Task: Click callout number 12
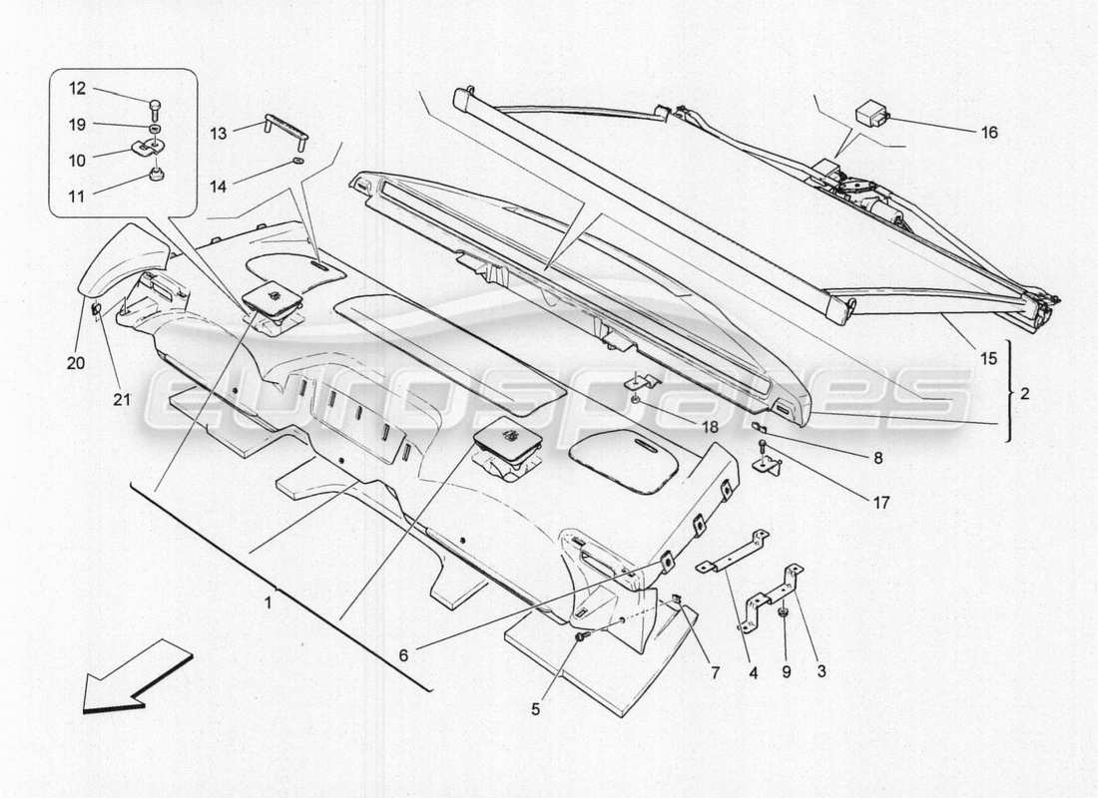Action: [78, 90]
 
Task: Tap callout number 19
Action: [78, 125]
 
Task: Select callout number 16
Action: [988, 132]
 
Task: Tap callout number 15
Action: [987, 358]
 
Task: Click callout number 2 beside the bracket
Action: [1025, 394]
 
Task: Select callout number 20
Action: [76, 363]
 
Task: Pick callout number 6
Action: [402, 655]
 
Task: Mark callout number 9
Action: [785, 672]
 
